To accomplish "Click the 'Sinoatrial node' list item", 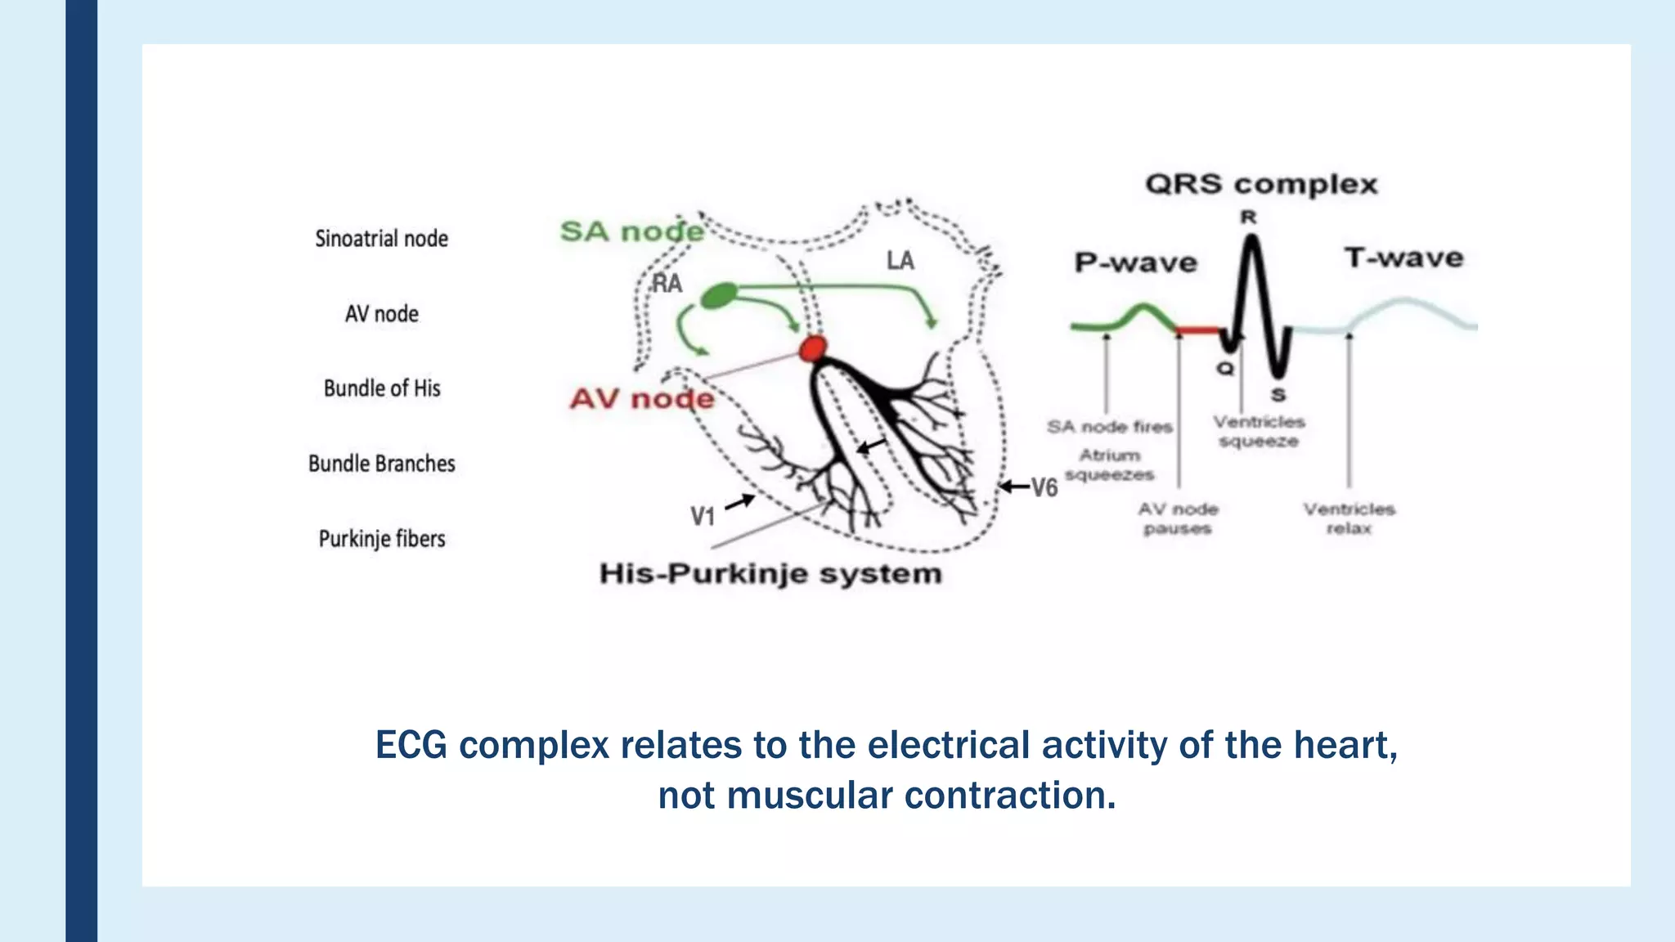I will [x=381, y=239].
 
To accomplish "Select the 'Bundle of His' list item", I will [x=382, y=388].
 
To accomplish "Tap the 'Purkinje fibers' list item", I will [x=382, y=539].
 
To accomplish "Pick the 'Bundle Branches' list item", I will [x=382, y=464].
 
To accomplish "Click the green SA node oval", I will [x=719, y=295].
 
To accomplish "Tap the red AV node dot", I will [x=813, y=348].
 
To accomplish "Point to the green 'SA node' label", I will [x=631, y=231].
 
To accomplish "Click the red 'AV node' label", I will [x=642, y=399].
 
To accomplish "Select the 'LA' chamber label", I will [x=900, y=261].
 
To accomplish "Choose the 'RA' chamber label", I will [x=667, y=284].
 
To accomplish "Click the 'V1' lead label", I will [x=703, y=516].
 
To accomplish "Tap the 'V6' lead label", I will [x=1044, y=488].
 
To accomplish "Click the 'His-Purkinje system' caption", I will [x=770, y=574].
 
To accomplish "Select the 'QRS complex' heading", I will [x=1261, y=185].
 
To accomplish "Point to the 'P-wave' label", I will [x=1135, y=262].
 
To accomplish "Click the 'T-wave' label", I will [x=1403, y=258].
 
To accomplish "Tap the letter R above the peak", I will [x=1248, y=218].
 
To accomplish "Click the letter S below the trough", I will [x=1278, y=396].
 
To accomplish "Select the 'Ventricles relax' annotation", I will [x=1349, y=518].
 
